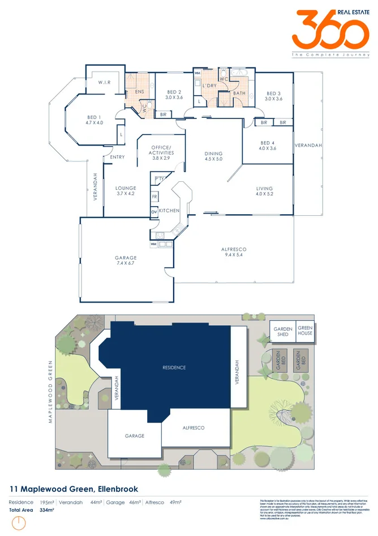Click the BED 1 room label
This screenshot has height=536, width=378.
point(94,120)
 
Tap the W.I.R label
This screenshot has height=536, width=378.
point(104,83)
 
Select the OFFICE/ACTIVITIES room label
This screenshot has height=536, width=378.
point(161,153)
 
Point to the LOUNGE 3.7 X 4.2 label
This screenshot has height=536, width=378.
point(126,191)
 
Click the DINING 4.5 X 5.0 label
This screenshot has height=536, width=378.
point(213,156)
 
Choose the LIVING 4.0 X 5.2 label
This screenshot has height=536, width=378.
point(264,191)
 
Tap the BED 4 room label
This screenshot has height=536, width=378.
point(268,146)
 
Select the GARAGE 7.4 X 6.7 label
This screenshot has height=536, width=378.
point(126,261)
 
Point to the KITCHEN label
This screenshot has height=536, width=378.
point(169,211)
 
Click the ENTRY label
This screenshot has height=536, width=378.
point(118,158)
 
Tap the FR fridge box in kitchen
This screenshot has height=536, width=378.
point(154,197)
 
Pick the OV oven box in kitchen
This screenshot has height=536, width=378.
point(154,212)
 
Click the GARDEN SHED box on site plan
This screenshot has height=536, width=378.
point(282,331)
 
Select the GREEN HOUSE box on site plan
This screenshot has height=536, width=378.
point(306,331)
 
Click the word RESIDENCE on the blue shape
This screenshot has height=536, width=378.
point(174,368)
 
